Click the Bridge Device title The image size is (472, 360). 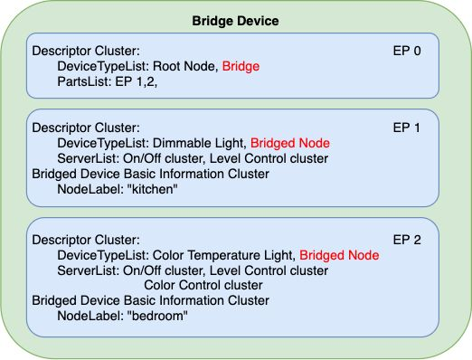point(235,21)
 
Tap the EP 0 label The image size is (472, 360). point(407,51)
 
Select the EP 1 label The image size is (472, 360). point(406,128)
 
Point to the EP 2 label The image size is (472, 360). point(407,240)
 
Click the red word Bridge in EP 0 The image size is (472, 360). point(241,66)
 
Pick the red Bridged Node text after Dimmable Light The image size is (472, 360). point(290,143)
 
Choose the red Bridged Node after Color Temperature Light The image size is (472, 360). point(339,255)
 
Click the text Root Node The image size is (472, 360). point(185,66)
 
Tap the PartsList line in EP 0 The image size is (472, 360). point(108,81)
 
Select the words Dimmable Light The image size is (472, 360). point(200,143)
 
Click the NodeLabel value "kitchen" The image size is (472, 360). point(152,189)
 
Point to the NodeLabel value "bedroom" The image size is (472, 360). point(157,316)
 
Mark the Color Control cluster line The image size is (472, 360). point(203,285)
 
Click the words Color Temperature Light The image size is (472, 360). point(224,255)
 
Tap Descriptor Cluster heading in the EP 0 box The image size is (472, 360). point(86,51)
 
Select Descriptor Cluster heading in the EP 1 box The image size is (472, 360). point(86,128)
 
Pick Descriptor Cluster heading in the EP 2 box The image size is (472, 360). point(86,240)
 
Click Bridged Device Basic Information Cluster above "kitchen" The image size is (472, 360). point(150,174)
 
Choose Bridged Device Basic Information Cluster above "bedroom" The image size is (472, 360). point(150,300)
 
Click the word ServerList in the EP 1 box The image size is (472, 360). point(89,158)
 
